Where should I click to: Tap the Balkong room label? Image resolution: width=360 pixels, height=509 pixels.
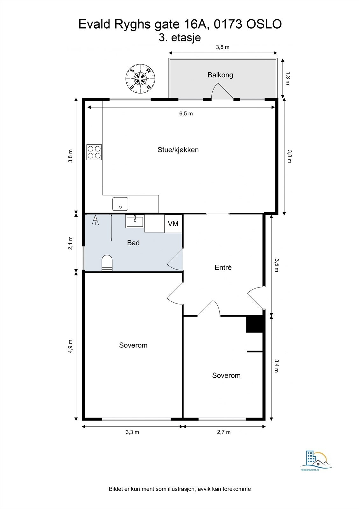pyautogui.click(x=220, y=75)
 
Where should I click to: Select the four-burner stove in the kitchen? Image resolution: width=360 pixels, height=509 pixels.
pyautogui.click(x=94, y=152)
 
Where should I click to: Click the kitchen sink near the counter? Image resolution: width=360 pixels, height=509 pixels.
pyautogui.click(x=120, y=204)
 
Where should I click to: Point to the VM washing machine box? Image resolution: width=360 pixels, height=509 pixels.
pyautogui.click(x=173, y=224)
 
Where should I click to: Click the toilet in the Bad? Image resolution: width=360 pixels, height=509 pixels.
pyautogui.click(x=107, y=263)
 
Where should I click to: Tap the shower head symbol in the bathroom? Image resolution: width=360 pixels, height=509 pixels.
pyautogui.click(x=95, y=220)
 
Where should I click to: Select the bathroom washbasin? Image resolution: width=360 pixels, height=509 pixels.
pyautogui.click(x=135, y=221)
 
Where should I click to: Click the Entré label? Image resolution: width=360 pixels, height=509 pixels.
pyautogui.click(x=223, y=268)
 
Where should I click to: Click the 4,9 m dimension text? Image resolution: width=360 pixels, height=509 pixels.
pyautogui.click(x=70, y=346)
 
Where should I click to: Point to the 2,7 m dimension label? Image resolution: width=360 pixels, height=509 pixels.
pyautogui.click(x=224, y=432)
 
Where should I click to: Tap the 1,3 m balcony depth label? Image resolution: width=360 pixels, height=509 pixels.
pyautogui.click(x=288, y=78)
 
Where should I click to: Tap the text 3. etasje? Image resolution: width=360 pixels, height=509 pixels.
pyautogui.click(x=180, y=38)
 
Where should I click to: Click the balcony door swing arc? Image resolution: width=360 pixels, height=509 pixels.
pyautogui.click(x=222, y=91)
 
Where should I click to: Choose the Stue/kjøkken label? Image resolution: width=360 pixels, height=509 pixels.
pyautogui.click(x=178, y=150)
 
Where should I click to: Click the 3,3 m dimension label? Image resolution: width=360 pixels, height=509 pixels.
pyautogui.click(x=132, y=432)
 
